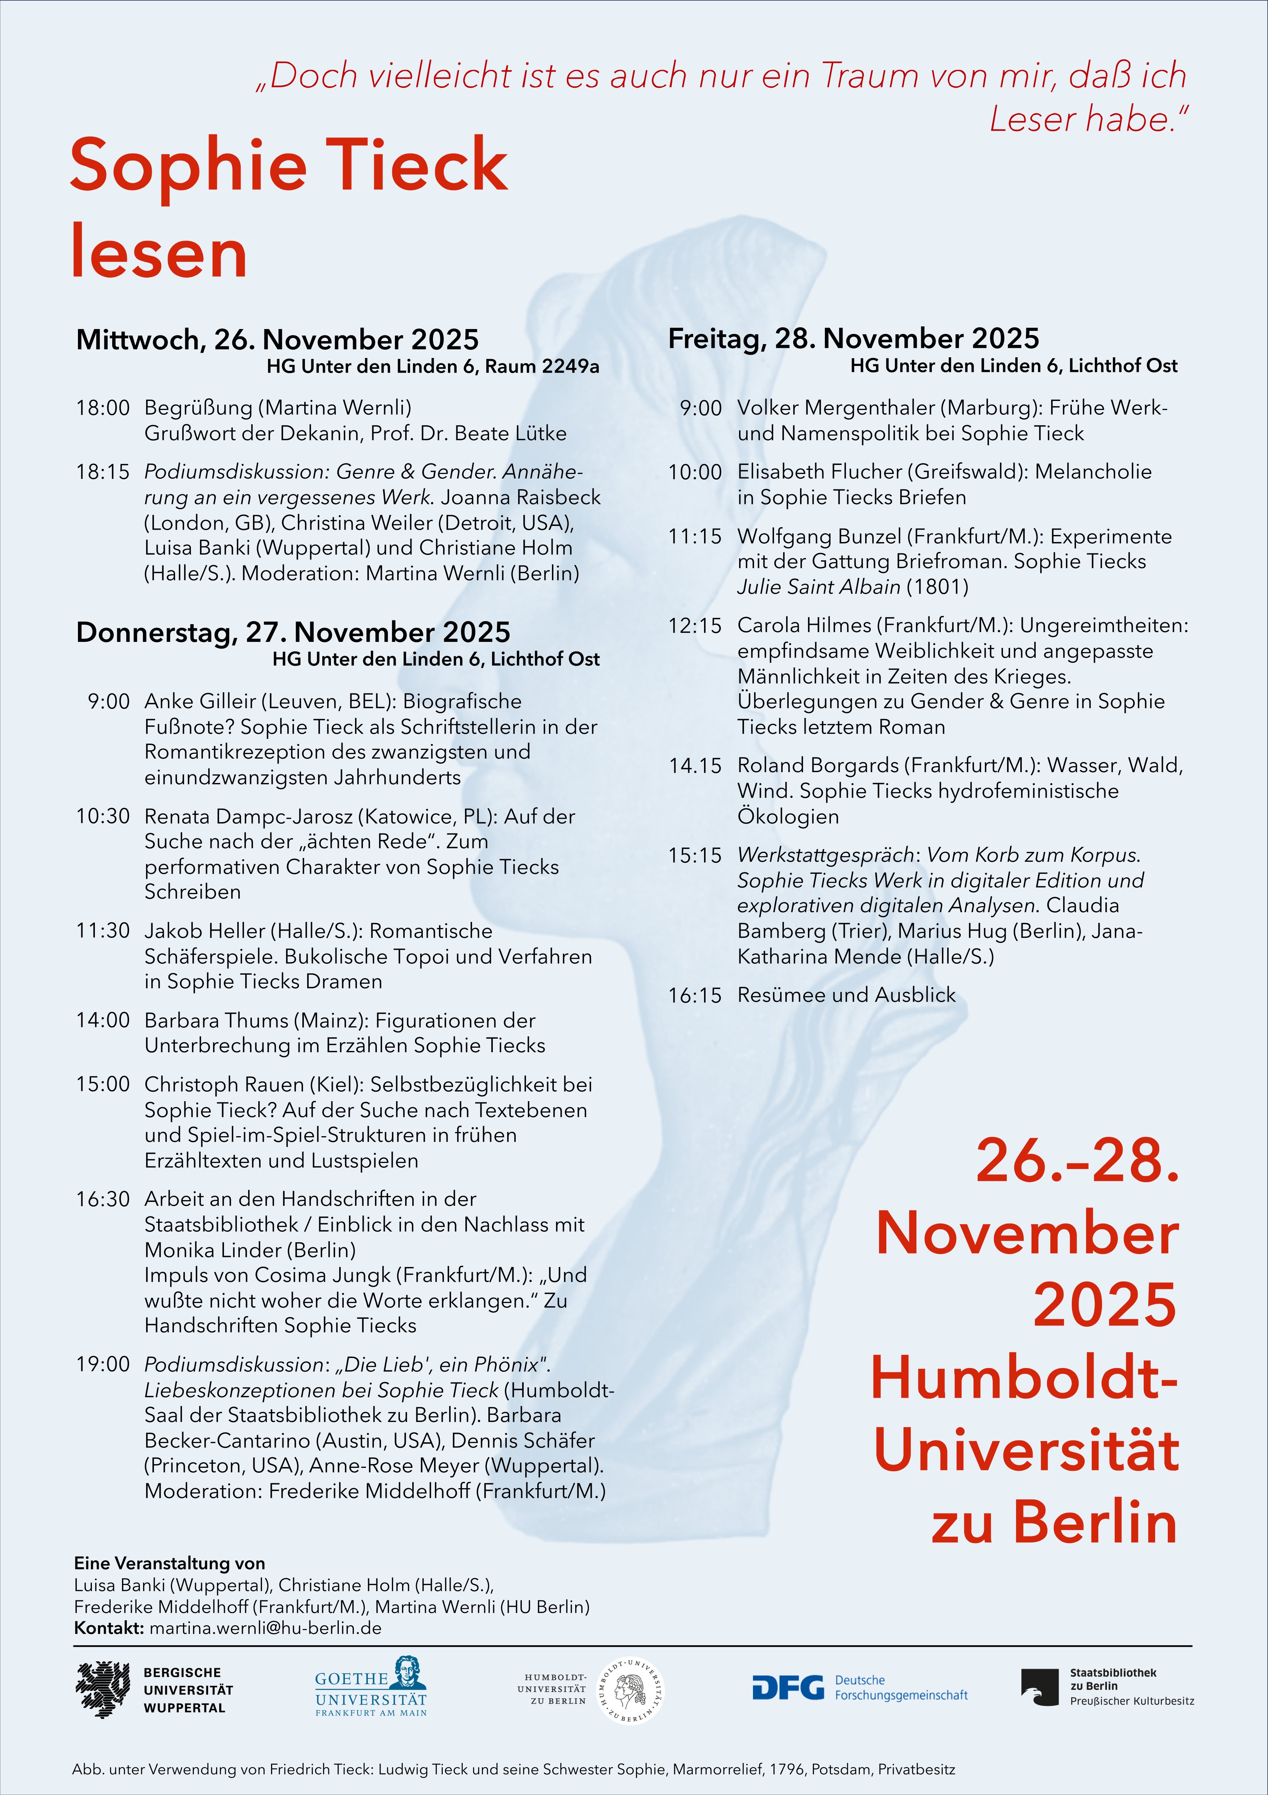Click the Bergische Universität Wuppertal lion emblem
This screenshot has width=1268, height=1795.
102,1690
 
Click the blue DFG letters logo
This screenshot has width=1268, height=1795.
787,1687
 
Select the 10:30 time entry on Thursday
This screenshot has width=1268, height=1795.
102,816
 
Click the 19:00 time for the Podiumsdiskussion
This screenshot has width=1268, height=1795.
102,1364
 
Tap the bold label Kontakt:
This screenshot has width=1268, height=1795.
109,1628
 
